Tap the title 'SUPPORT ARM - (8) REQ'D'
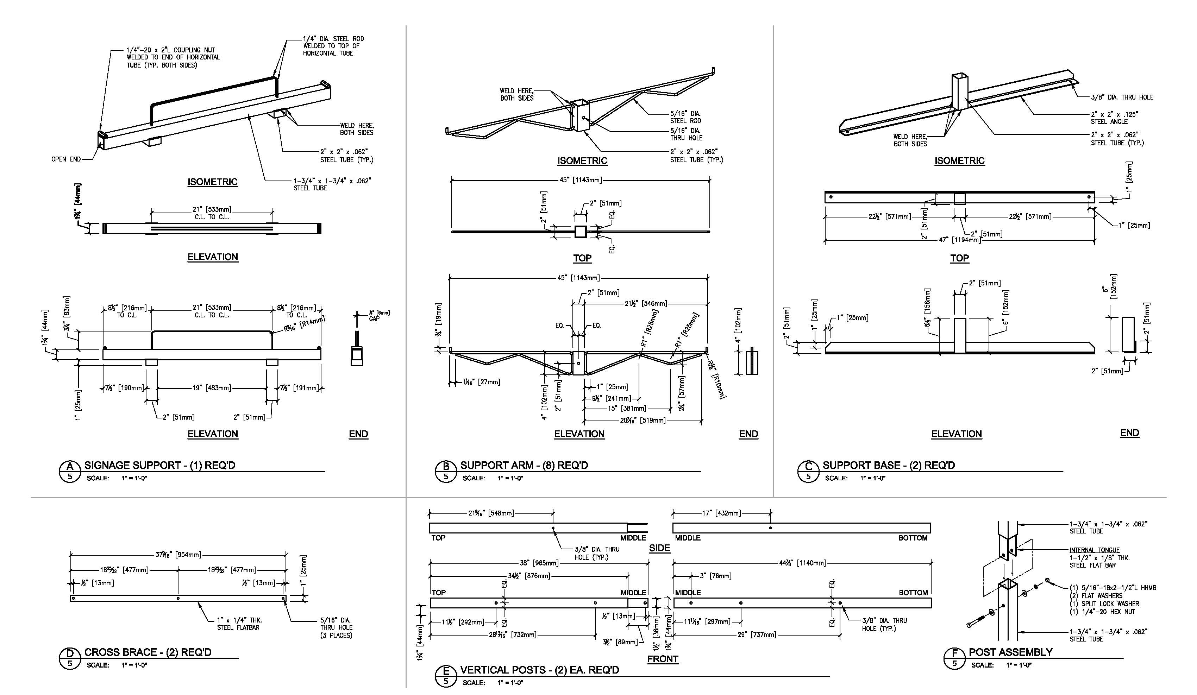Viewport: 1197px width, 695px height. pyautogui.click(x=524, y=466)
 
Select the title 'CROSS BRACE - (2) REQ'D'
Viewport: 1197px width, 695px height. pyautogui.click(x=148, y=652)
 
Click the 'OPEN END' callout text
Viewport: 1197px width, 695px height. pyautogui.click(x=66, y=159)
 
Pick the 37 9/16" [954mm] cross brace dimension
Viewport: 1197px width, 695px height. pyautogui.click(x=178, y=555)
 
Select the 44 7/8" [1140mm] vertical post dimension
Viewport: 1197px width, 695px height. pyautogui.click(x=802, y=563)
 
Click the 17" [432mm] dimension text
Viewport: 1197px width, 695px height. pyautogui.click(x=722, y=513)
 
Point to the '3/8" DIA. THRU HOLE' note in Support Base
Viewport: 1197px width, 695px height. pyautogui.click(x=1121, y=97)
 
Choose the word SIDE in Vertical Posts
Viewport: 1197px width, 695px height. pyautogui.click(x=659, y=548)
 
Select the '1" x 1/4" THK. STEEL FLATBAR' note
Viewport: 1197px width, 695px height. pyautogui.click(x=239, y=624)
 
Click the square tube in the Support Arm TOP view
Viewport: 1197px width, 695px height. pyautogui.click(x=581, y=232)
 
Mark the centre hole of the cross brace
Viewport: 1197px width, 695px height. pyautogui.click(x=178, y=598)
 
